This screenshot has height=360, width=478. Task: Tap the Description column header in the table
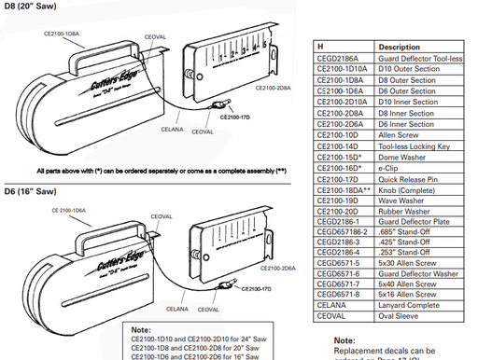click(x=398, y=46)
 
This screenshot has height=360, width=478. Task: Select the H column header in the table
click(x=322, y=46)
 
